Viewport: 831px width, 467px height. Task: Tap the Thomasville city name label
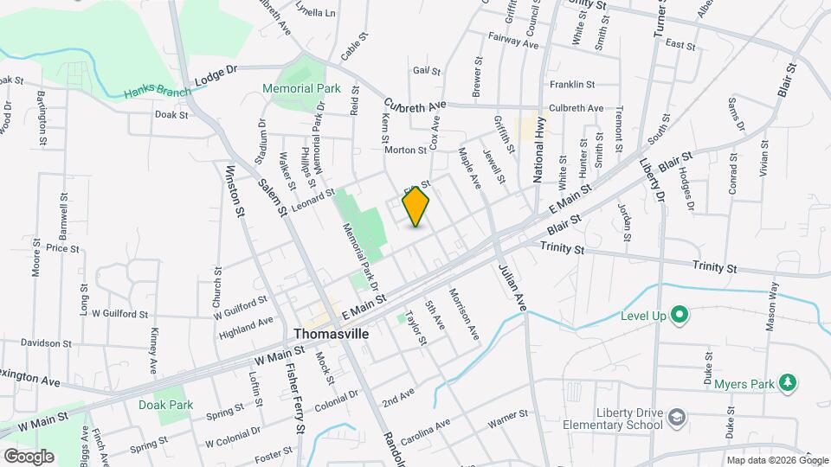coord(330,333)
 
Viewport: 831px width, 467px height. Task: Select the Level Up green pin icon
coord(680,316)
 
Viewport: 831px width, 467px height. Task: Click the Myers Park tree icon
coord(787,382)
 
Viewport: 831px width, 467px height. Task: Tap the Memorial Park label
coord(301,88)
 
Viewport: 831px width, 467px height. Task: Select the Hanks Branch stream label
coord(157,92)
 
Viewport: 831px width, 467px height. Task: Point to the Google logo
coord(28,456)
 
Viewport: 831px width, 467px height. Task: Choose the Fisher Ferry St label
coord(295,398)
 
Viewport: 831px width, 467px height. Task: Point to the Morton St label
coord(405,150)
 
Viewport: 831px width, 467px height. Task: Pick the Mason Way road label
coord(772,308)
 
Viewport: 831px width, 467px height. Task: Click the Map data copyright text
coord(776,459)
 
